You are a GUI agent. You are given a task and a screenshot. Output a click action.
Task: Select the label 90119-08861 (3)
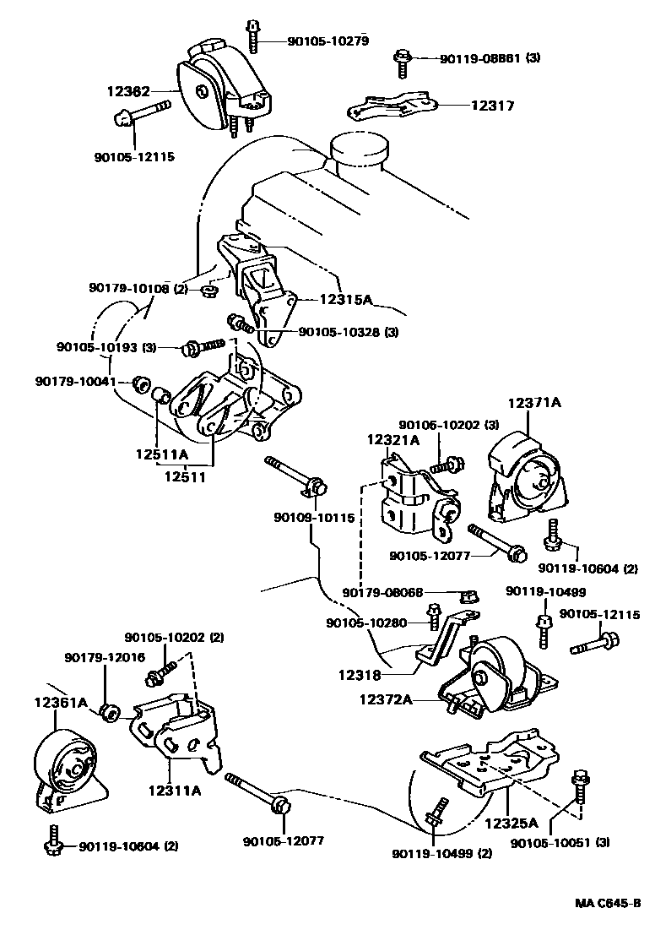click(490, 58)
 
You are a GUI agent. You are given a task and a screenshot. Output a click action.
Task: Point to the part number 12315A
click(345, 298)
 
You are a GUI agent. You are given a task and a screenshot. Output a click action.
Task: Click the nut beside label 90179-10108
click(210, 292)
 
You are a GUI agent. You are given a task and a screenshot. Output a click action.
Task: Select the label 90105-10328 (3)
click(348, 332)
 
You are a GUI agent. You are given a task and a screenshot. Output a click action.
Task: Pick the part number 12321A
click(392, 439)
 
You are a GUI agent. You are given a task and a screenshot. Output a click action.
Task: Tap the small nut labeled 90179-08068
click(475, 596)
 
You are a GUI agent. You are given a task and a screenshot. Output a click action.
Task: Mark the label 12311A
click(174, 791)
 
